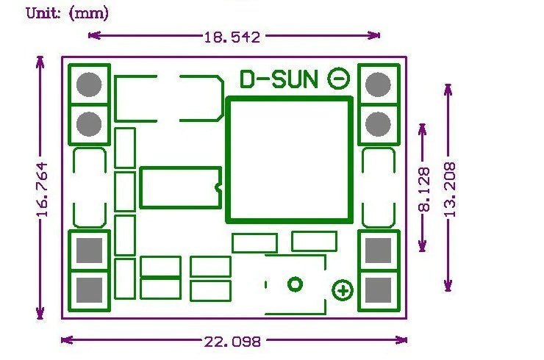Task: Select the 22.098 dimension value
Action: click(x=232, y=342)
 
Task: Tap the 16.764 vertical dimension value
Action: click(x=43, y=190)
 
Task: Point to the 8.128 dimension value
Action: click(x=424, y=190)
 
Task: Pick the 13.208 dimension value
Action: click(x=450, y=190)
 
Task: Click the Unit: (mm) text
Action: click(x=68, y=13)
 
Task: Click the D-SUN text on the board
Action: click(x=279, y=79)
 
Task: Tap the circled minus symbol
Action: click(x=339, y=79)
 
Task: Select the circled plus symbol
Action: click(x=343, y=290)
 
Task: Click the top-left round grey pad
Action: click(x=89, y=84)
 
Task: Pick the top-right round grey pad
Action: click(x=378, y=84)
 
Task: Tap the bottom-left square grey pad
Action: click(x=89, y=290)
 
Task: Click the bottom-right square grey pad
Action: click(x=378, y=290)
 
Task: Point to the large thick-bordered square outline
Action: click(x=228, y=160)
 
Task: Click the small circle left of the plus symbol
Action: click(x=296, y=284)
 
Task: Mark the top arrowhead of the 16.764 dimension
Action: click(x=40, y=62)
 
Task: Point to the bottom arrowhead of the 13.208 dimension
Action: click(x=448, y=286)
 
